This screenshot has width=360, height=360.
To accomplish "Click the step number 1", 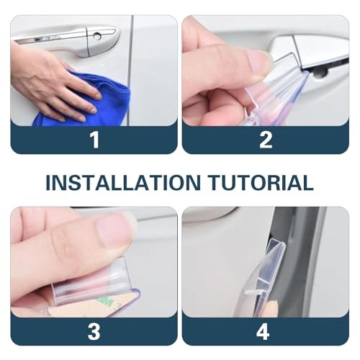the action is click(x=95, y=140).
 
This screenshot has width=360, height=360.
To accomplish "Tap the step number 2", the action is click(x=266, y=140).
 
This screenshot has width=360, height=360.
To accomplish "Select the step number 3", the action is click(x=94, y=331).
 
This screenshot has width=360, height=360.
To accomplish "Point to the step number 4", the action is click(x=263, y=331).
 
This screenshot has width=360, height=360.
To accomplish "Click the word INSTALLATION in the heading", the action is click(x=123, y=182).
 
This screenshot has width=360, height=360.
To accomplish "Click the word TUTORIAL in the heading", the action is click(x=261, y=182).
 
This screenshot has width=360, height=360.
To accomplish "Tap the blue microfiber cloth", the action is click(x=84, y=101).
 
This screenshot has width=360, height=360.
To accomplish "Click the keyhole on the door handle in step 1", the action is click(x=97, y=36).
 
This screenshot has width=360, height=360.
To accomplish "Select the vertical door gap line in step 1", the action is click(x=131, y=71).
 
